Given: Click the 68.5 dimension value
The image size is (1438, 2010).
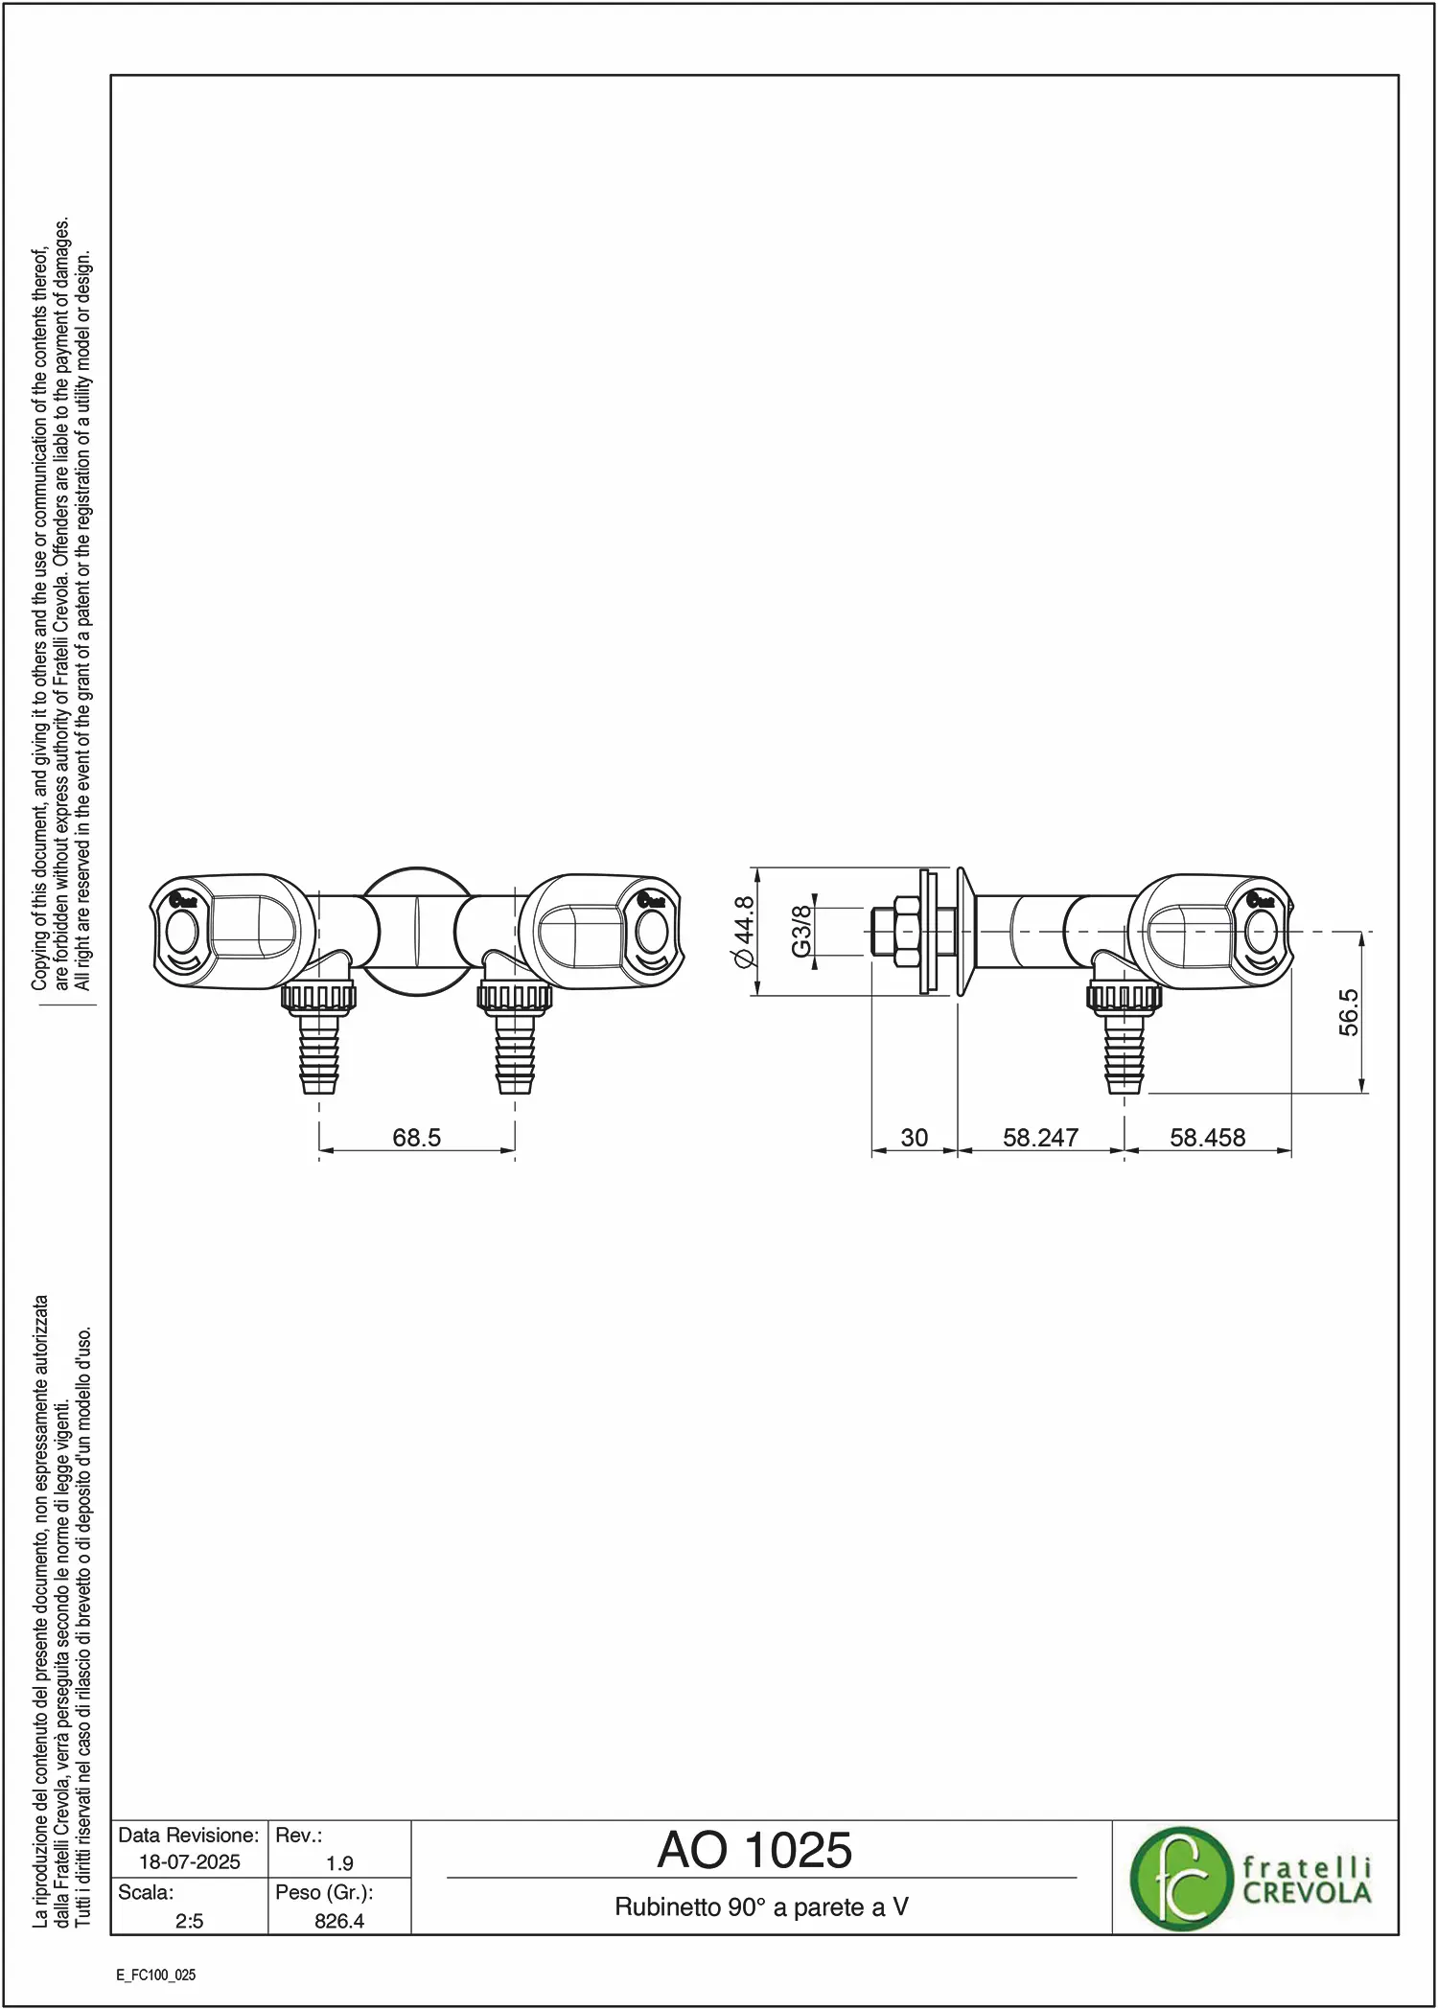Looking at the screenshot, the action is (417, 1138).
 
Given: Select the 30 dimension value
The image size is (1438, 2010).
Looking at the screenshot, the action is (915, 1138).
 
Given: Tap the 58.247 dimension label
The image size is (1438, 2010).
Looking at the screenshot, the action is (1041, 1138).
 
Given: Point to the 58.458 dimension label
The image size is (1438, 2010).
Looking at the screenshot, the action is (1208, 1138).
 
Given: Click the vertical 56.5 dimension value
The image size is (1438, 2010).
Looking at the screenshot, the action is (1349, 1012).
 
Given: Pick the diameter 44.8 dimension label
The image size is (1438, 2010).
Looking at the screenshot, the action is (744, 932).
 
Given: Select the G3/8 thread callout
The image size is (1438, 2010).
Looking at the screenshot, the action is (801, 931).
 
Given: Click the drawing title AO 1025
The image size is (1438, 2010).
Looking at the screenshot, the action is (754, 1850).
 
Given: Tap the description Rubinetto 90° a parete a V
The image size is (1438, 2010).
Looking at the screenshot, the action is (762, 1907).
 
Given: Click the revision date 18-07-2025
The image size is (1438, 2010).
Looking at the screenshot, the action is (190, 1862).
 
